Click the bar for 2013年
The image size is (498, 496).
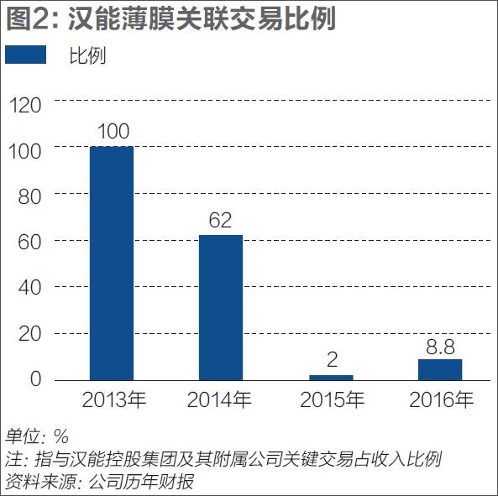(112, 263)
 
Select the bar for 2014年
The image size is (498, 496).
(221, 307)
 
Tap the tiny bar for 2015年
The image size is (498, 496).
(331, 378)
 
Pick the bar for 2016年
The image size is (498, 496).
(440, 369)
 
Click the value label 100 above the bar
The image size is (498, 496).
(112, 133)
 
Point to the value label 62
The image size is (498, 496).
(221, 221)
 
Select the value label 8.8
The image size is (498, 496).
(440, 346)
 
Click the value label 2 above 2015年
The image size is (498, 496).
(332, 361)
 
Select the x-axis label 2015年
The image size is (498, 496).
(333, 400)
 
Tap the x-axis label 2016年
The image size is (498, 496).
(442, 400)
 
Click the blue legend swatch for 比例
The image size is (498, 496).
(27, 55)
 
